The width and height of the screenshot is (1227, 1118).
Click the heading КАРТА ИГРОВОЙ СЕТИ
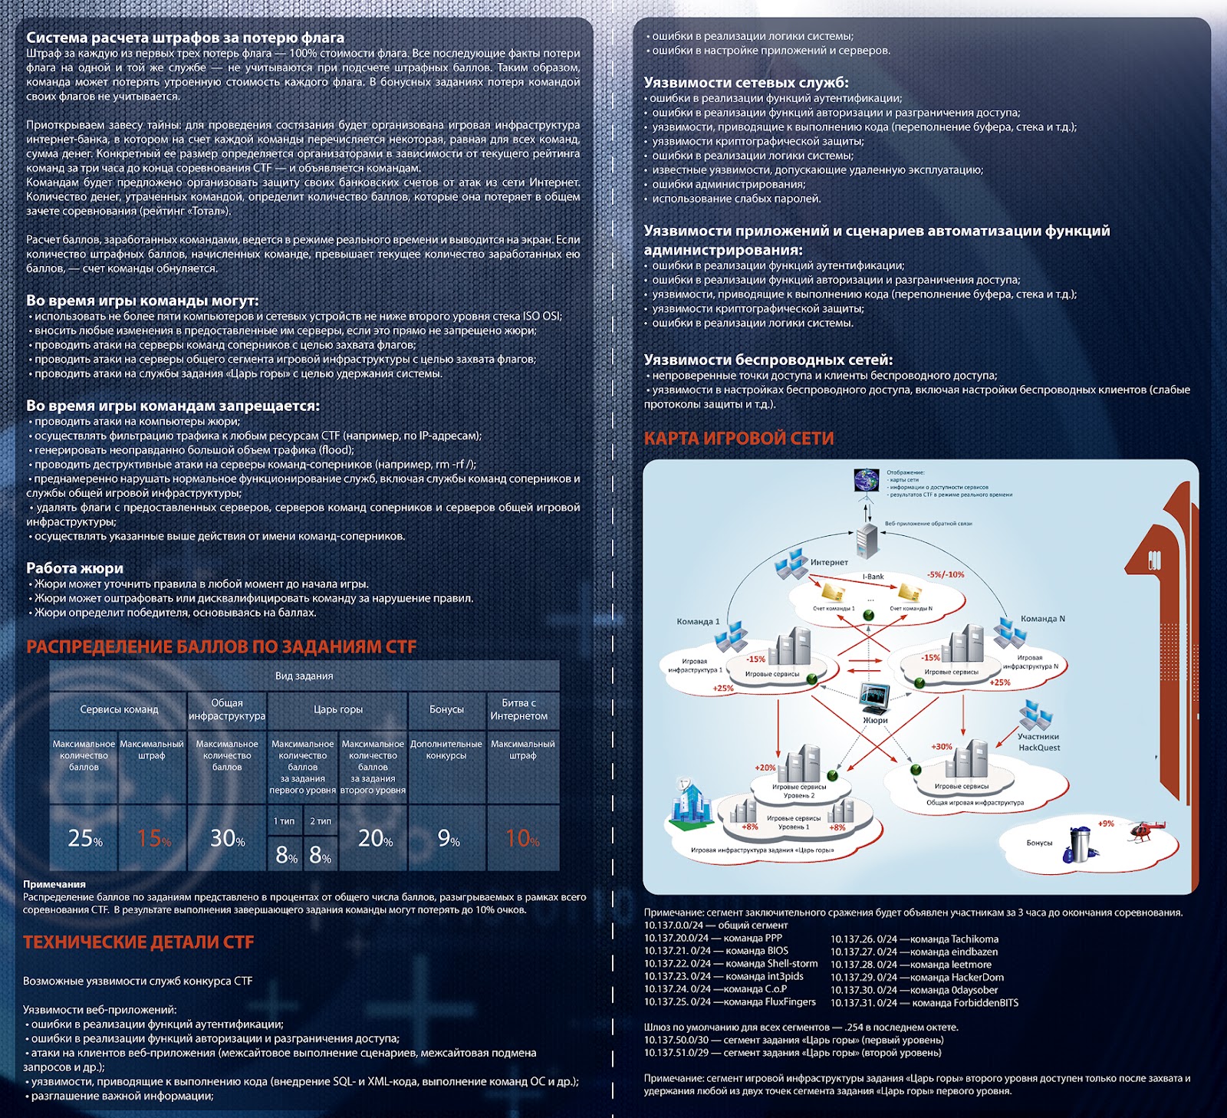click(x=739, y=438)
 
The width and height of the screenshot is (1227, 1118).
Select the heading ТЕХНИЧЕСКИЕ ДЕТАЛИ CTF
click(x=138, y=942)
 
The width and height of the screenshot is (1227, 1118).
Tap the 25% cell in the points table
click(x=84, y=838)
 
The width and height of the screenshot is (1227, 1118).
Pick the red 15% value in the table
click(x=153, y=838)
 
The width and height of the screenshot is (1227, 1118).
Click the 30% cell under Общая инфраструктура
click(x=228, y=838)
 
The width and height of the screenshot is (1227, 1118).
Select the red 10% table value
click(x=522, y=838)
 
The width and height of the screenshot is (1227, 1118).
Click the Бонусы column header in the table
click(x=446, y=709)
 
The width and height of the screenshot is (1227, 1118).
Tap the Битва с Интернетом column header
click(x=519, y=709)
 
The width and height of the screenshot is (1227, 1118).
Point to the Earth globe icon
click(x=867, y=480)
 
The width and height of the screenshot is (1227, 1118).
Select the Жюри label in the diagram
click(x=875, y=720)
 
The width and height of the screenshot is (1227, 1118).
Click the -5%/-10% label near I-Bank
click(x=945, y=574)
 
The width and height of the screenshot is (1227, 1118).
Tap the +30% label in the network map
click(x=942, y=746)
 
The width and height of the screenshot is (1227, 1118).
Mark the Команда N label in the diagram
click(x=1042, y=619)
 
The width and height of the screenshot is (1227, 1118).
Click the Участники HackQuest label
click(x=1038, y=741)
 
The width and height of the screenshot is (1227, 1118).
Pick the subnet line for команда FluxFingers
click(x=729, y=1001)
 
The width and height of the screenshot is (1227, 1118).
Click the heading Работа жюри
click(x=74, y=568)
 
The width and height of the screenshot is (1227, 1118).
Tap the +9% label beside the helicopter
click(x=1106, y=824)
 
